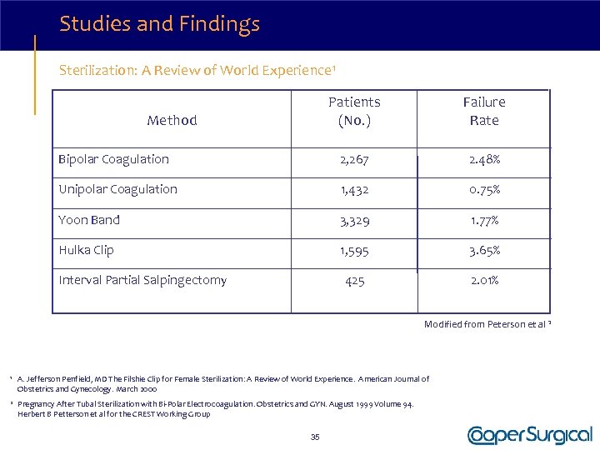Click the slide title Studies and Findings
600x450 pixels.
(159, 24)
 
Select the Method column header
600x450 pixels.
(172, 120)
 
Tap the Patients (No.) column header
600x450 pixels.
(354, 111)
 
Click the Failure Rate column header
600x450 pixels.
(484, 111)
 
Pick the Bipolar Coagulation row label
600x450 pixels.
(113, 159)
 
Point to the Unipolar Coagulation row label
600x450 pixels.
(117, 189)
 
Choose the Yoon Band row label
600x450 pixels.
(89, 220)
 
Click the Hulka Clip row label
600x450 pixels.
(86, 250)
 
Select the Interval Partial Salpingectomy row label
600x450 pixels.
(142, 280)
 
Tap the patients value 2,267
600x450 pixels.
(354, 160)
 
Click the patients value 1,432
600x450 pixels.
(354, 190)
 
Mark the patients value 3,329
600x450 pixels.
(354, 221)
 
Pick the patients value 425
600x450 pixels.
(354, 281)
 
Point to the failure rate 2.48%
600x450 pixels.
(483, 160)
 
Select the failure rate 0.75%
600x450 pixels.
(483, 190)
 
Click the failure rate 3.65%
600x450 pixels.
(483, 251)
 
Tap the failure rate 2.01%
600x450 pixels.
(483, 281)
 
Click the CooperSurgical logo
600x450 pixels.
(530, 435)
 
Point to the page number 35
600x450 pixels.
(315, 437)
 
